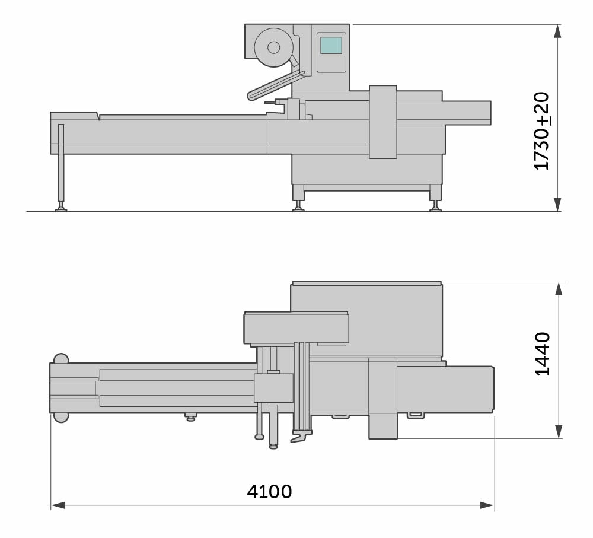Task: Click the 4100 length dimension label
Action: click(269, 492)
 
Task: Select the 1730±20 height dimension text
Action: click(541, 131)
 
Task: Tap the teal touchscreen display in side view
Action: click(331, 45)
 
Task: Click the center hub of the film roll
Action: click(274, 47)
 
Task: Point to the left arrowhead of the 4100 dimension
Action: click(58, 505)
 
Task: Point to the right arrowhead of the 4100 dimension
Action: click(487, 505)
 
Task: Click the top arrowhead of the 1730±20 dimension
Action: click(557, 31)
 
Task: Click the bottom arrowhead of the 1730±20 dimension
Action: click(557, 204)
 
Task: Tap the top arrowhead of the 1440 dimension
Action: click(559, 289)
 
